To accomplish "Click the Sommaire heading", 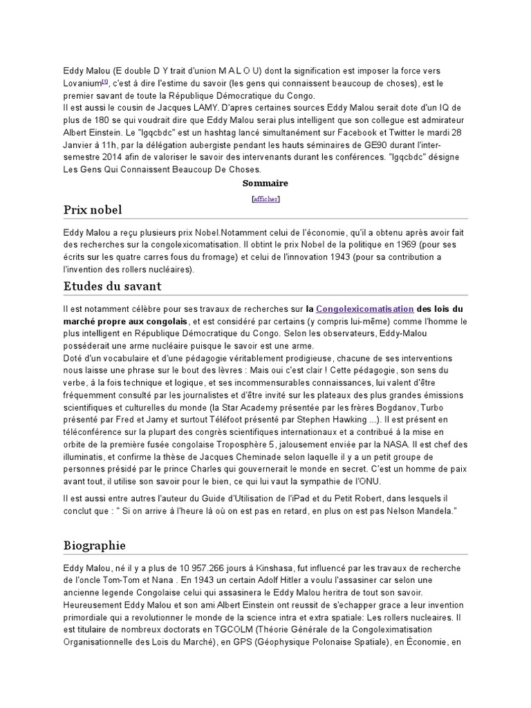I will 265,183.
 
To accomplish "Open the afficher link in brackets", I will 265,199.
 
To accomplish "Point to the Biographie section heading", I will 94,546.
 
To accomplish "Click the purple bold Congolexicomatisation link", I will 364,309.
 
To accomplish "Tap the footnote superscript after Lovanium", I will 105,81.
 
